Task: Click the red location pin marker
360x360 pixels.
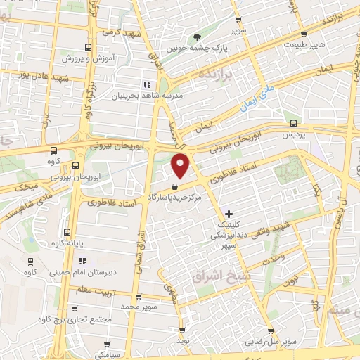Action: pyautogui.click(x=181, y=165)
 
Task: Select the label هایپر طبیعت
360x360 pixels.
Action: pyautogui.click(x=304, y=44)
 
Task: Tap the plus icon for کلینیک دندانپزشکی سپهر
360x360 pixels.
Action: pyautogui.click(x=228, y=213)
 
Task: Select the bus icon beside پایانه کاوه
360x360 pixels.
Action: pyautogui.click(x=67, y=232)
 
